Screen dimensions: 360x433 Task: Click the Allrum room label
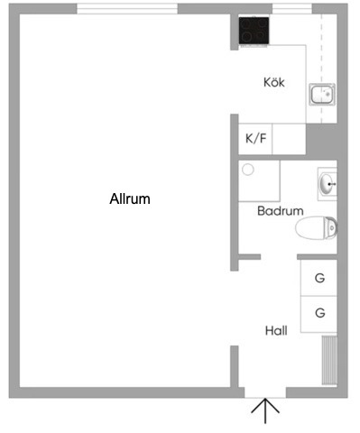click(x=130, y=198)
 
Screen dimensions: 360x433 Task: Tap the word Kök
click(x=274, y=82)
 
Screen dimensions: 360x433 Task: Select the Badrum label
click(x=281, y=211)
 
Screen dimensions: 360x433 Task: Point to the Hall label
click(x=276, y=330)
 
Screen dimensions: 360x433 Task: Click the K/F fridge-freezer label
click(x=256, y=138)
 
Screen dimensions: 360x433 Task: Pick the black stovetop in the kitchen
click(x=254, y=31)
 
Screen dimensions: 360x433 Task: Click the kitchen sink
click(x=322, y=95)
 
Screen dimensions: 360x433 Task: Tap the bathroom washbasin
click(x=328, y=184)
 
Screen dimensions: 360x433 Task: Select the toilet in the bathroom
click(x=316, y=228)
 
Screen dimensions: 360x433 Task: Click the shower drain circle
click(x=248, y=170)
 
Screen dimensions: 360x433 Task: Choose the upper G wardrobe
click(x=319, y=278)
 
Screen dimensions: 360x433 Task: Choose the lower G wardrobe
click(x=319, y=314)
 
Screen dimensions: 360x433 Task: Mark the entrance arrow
click(x=265, y=410)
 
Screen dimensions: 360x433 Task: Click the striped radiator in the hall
click(x=329, y=360)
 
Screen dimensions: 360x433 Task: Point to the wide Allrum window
click(x=127, y=9)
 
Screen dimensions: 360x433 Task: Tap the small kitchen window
click(x=292, y=9)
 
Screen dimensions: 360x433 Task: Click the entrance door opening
click(x=265, y=392)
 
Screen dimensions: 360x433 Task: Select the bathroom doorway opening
click(x=279, y=257)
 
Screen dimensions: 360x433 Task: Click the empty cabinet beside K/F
click(x=289, y=139)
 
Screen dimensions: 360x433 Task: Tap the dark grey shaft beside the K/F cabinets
click(x=321, y=142)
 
